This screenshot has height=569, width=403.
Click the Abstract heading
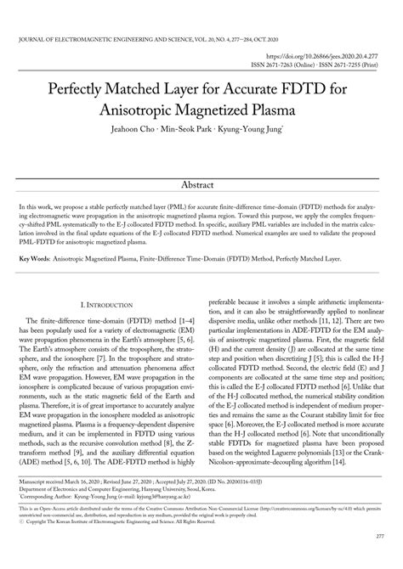coord(201,184)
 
